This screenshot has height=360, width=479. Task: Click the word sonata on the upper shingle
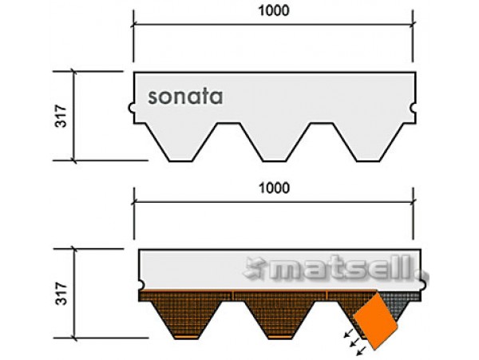(185, 97)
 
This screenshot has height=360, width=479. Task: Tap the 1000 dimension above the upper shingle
(274, 11)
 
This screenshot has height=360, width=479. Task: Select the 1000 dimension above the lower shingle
(274, 188)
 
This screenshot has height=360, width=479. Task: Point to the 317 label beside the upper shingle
(61, 116)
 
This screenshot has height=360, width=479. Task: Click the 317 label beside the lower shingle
(61, 294)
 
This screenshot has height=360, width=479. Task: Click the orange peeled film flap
(376, 320)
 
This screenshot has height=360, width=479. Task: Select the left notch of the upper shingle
(131, 108)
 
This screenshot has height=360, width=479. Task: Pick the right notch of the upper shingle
(414, 108)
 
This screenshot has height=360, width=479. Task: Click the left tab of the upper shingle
(180, 142)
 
